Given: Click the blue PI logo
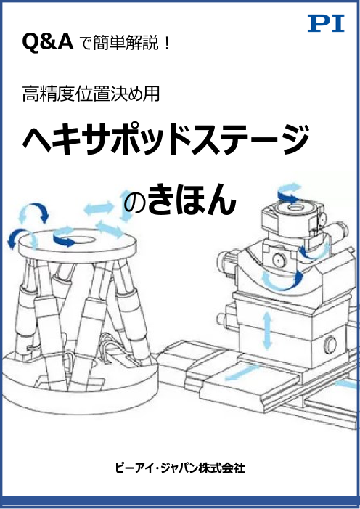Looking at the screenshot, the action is tap(326, 24).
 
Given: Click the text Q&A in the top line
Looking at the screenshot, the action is tap(48, 43).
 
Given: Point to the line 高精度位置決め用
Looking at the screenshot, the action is tap(91, 94).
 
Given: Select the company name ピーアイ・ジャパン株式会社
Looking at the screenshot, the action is tap(180, 468).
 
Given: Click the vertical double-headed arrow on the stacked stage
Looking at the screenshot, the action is tap(267, 330).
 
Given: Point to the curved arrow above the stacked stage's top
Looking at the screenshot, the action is tap(289, 193).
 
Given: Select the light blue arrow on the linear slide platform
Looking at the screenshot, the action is tap(241, 372).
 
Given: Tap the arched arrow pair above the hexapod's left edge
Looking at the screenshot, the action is tap(33, 212).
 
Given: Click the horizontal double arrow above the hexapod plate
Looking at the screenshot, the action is tap(99, 208).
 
